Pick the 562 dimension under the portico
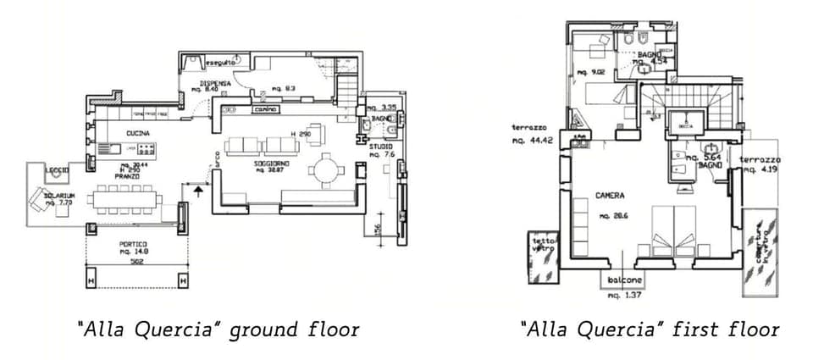point(136,262)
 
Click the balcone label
point(623,281)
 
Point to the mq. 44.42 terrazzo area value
point(532,141)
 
